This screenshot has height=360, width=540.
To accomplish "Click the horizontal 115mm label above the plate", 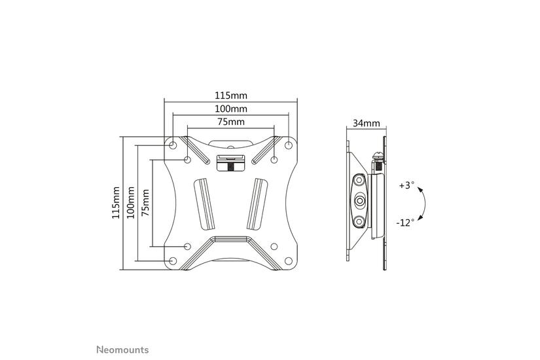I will (230, 95).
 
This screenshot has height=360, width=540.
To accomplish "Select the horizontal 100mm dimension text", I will (230, 109).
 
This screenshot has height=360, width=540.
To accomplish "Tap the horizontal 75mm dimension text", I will (230, 122).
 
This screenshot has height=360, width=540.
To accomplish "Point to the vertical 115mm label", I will (117, 202).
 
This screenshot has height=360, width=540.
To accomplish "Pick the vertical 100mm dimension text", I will (131, 202).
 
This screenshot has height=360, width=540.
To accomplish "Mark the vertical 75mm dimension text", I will (145, 202).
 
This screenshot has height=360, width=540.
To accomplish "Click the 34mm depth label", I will (366, 123).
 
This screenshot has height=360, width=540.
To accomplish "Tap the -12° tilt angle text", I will (405, 223).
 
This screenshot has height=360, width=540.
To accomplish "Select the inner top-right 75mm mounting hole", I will (274, 159).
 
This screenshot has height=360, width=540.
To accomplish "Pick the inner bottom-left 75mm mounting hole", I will (188, 246).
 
